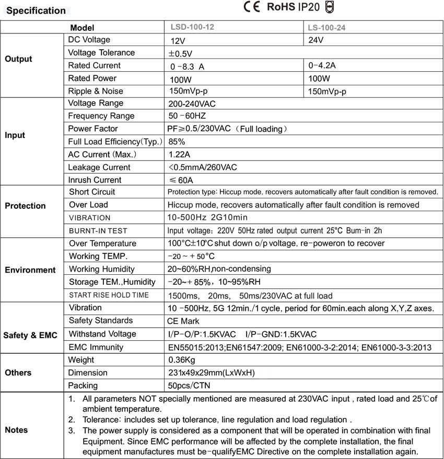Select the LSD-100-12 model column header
(x=192, y=27)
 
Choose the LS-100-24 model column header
(x=327, y=27)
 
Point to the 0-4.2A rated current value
(x=322, y=65)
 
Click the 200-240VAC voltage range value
(x=192, y=104)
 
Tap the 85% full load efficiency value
(x=177, y=141)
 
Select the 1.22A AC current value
(x=179, y=154)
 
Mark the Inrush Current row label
(x=95, y=180)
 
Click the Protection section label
(x=25, y=206)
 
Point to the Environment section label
(x=30, y=270)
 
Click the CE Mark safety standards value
(x=183, y=321)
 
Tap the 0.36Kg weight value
(x=181, y=360)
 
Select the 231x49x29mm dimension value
(x=211, y=373)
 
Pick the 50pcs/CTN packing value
(x=189, y=386)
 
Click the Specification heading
(x=36, y=10)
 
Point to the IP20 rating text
(x=309, y=7)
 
